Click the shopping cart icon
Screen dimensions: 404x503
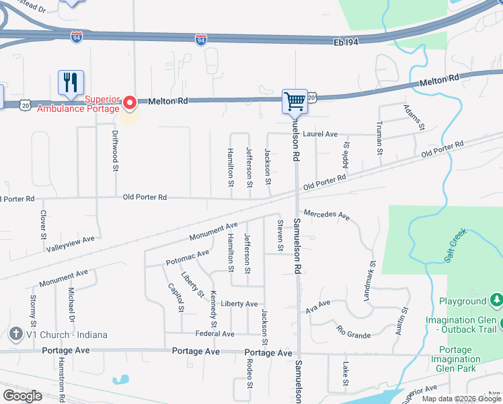[295, 102]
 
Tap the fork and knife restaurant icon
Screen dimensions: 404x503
[71, 83]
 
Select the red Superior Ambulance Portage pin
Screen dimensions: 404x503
[128, 102]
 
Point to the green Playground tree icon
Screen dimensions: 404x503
[496, 300]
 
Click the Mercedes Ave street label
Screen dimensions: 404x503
[327, 215]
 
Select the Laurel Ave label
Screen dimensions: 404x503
[320, 134]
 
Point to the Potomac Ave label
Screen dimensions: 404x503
[188, 257]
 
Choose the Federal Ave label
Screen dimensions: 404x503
[215, 333]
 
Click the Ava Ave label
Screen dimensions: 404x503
[318, 308]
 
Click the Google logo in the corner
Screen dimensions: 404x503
[23, 395]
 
